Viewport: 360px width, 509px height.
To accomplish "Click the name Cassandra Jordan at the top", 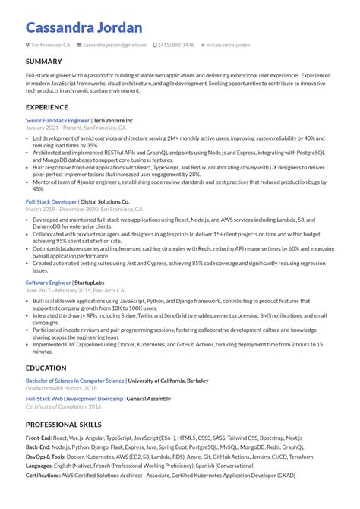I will (84, 27).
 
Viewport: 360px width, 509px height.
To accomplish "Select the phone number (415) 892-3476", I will (176, 45).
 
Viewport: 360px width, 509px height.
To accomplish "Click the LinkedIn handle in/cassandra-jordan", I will (228, 45).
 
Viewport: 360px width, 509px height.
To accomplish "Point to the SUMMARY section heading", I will (44, 62).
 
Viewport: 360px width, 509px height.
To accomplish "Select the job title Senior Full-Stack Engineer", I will (57, 120).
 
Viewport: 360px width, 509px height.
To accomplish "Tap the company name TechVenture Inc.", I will (113, 120).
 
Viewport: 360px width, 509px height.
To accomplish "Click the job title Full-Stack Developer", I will (50, 201).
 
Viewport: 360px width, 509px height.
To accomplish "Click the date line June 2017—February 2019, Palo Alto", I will (76, 289).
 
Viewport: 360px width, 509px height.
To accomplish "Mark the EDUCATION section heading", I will (46, 368).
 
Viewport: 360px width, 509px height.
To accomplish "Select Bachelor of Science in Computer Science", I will (75, 380).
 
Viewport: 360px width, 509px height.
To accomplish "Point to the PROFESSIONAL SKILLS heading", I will (63, 425).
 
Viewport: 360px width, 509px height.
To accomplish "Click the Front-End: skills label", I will (39, 438).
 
